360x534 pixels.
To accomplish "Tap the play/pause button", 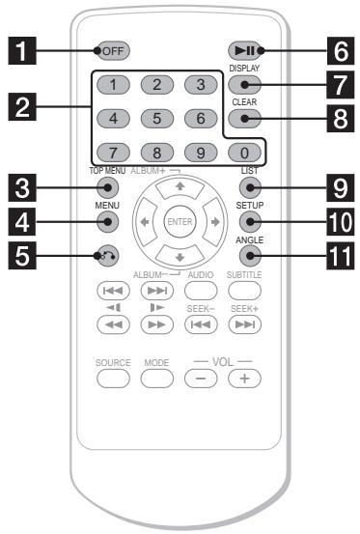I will tap(242, 51).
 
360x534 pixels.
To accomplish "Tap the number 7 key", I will tap(112, 151).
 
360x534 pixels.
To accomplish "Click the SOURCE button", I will tap(112, 375).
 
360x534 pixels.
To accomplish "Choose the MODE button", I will tap(156, 375).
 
